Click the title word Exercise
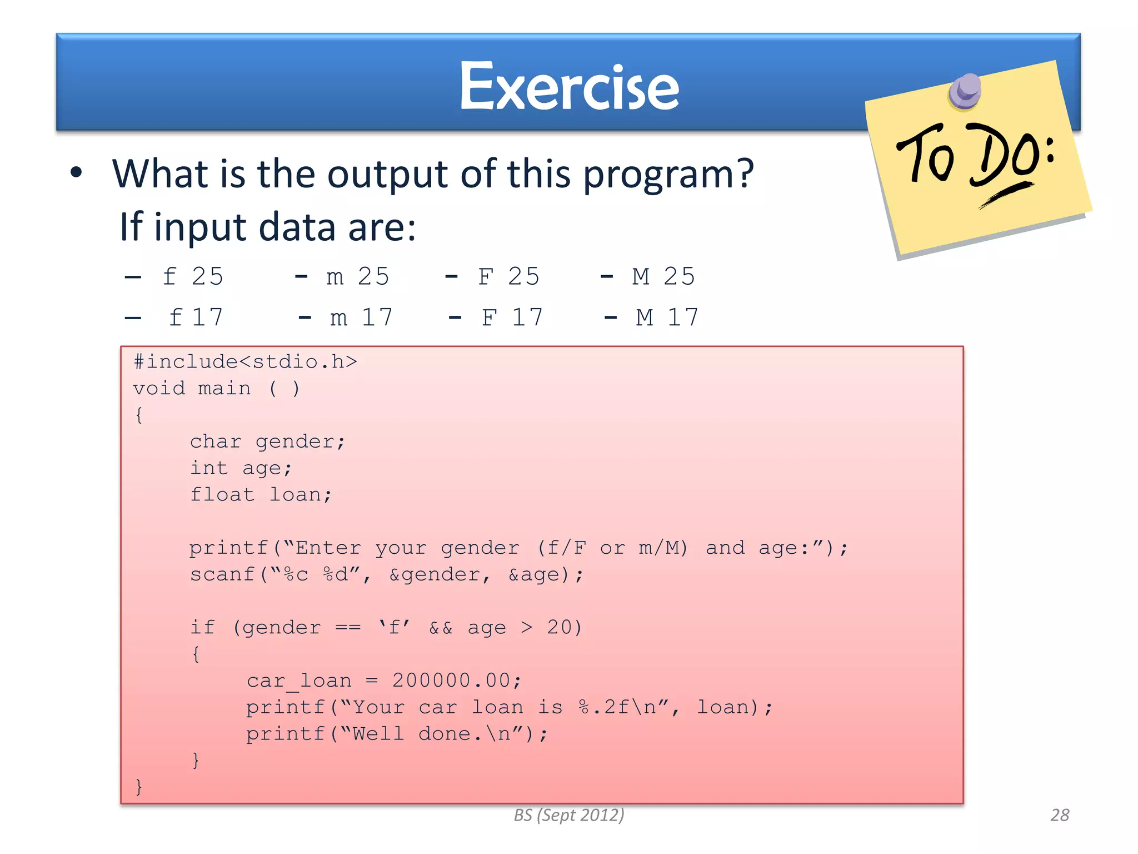569,88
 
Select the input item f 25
192,276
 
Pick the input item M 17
667,317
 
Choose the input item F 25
508,276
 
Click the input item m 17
361,317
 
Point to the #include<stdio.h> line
245,362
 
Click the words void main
192,388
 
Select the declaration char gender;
268,441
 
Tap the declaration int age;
241,468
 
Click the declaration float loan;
261,494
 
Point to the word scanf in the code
222,574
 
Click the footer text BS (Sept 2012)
569,815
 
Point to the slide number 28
1060,815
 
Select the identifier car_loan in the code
299,681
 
